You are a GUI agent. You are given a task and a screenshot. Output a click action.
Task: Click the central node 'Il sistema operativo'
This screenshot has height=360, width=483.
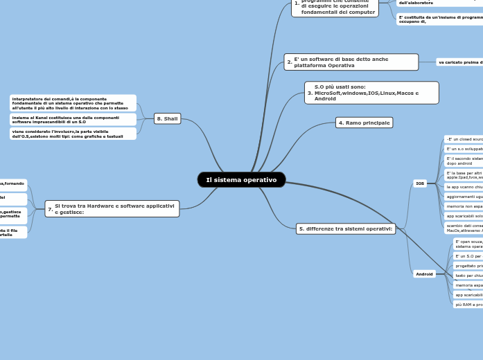241,180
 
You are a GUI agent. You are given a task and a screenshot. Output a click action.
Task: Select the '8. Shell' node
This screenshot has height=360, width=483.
168,118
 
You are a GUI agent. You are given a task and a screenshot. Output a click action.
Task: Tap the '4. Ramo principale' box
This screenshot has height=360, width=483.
364,123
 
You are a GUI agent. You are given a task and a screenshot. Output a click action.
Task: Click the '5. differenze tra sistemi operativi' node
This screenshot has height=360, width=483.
346,228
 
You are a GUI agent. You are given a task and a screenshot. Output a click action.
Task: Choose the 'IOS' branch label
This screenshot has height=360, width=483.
420,183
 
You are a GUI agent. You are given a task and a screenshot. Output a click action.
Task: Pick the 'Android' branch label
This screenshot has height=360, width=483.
424,274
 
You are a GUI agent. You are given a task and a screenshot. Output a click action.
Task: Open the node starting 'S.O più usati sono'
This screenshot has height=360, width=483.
372,93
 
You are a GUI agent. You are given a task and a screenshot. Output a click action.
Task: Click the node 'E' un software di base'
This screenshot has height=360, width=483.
351,62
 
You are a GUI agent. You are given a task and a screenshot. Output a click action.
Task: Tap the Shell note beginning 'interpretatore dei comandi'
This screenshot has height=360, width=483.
73,103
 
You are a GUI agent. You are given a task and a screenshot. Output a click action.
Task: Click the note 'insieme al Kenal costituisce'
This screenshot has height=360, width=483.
73,120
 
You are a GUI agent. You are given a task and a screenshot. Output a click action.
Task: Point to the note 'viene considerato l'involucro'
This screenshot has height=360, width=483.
73,134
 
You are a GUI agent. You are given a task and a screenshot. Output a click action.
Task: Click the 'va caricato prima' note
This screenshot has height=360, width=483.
459,62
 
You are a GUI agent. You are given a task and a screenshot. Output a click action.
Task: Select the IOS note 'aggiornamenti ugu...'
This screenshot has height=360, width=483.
464,197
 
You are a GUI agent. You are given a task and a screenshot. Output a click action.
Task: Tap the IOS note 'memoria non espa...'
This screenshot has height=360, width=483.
464,206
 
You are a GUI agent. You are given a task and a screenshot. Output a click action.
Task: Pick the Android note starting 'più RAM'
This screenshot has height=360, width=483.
468,305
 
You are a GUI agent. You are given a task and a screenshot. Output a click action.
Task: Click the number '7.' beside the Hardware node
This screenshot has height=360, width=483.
51,209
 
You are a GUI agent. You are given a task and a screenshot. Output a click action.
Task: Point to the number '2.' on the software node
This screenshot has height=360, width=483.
290,62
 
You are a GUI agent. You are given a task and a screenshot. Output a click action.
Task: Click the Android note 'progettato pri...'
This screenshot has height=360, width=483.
468,266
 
